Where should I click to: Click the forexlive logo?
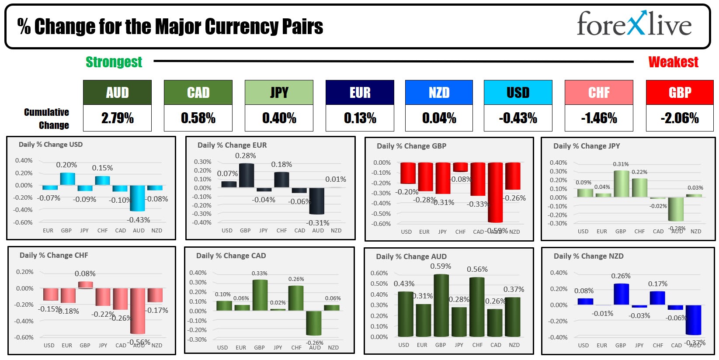click(634, 24)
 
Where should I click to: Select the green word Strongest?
click(114, 62)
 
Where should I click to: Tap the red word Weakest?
click(673, 62)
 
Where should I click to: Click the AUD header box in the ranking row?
click(117, 93)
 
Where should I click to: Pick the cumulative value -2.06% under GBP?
click(680, 118)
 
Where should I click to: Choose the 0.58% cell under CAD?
click(198, 118)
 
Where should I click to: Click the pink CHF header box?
click(599, 93)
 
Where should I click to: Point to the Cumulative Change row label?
click(47, 118)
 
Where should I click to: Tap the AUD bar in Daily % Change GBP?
click(495, 192)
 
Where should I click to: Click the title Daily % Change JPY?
click(587, 146)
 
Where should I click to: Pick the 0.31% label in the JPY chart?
click(621, 164)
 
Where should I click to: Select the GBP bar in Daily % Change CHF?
click(85, 285)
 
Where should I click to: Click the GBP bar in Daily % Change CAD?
click(260, 295)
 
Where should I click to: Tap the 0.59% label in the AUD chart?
click(441, 266)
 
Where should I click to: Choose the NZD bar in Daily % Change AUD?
click(513, 317)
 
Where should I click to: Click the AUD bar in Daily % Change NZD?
click(693, 320)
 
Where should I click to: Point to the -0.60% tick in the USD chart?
click(23, 222)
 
